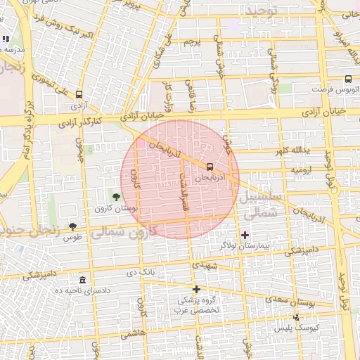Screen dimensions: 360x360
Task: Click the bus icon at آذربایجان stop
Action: [x=210, y=167]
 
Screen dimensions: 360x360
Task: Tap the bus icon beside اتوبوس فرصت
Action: [x=349, y=80]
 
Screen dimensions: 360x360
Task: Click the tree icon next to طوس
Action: [x=73, y=226]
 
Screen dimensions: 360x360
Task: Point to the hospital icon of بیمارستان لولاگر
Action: [x=245, y=234]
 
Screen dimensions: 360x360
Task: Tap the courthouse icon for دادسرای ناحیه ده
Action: [x=83, y=281]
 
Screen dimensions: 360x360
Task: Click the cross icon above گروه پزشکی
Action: [x=197, y=289]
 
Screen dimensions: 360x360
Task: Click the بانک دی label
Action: [x=140, y=271]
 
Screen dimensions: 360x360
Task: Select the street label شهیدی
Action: [x=205, y=266]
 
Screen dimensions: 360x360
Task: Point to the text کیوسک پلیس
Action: [x=307, y=328]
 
